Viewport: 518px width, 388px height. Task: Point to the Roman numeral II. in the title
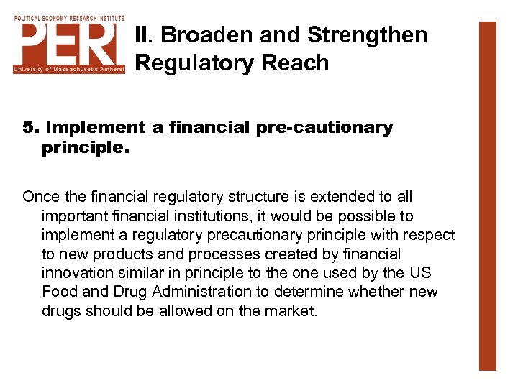[x=145, y=35]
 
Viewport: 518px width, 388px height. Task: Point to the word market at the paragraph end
[x=293, y=312]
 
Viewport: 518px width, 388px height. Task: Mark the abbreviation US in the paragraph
[x=420, y=274]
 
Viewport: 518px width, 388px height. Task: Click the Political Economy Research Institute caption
[x=69, y=17]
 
